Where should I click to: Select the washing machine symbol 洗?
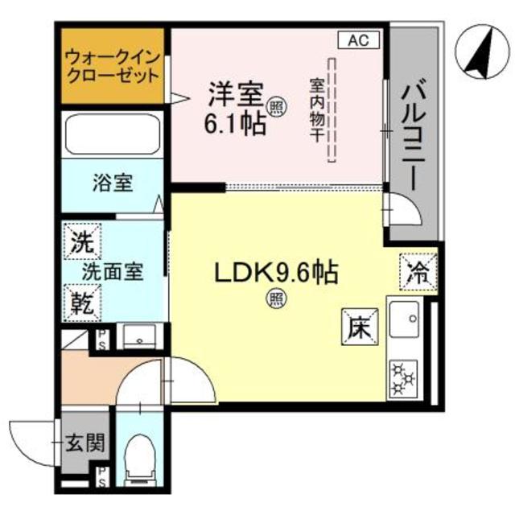pyautogui.click(x=81, y=240)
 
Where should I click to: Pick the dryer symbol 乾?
pyautogui.click(x=81, y=302)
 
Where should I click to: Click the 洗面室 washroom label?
pyautogui.click(x=113, y=271)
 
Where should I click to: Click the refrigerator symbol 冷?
pyautogui.click(x=418, y=268)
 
